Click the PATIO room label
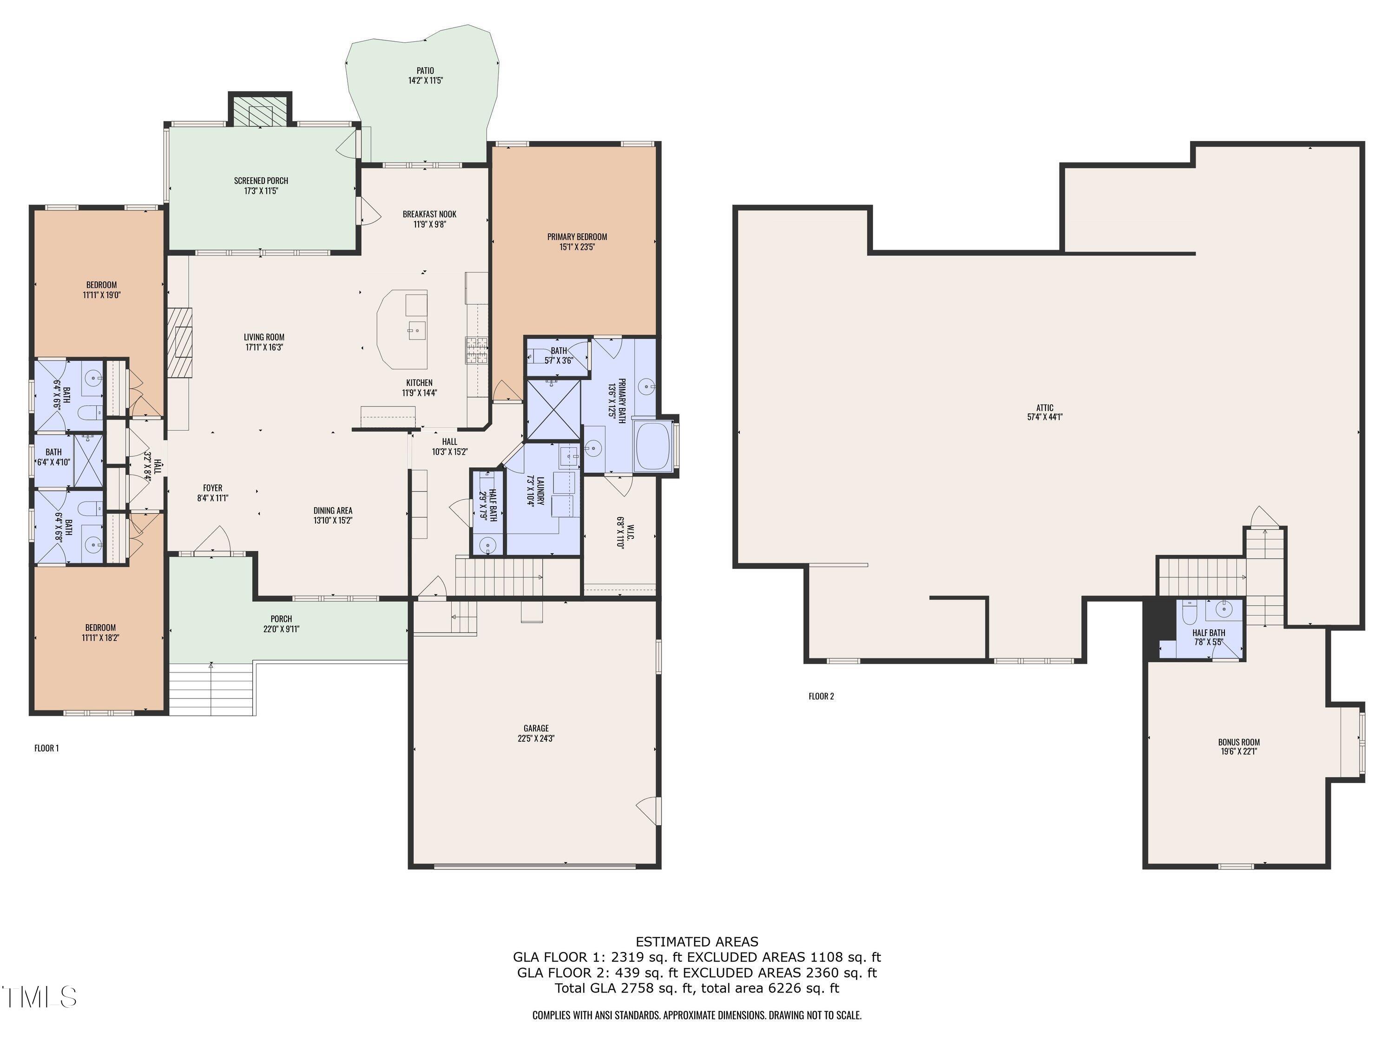[x=425, y=71]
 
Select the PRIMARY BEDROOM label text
[x=577, y=237]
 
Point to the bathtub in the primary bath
[x=653, y=446]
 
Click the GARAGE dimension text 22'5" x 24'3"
[x=536, y=738]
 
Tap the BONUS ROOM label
[x=1238, y=742]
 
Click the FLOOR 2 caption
[x=821, y=696]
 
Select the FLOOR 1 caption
[x=46, y=748]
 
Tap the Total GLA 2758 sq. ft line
[x=697, y=988]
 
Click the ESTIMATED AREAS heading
[x=697, y=942]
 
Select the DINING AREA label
[x=333, y=511]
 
